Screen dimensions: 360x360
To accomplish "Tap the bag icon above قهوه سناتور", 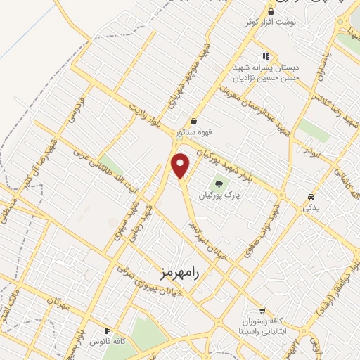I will click(x=193, y=121).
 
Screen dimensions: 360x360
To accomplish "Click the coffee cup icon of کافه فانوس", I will click(x=107, y=330).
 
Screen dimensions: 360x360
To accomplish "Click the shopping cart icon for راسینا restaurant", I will click(x=262, y=310).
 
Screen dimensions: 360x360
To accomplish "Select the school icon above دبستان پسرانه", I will click(x=265, y=56).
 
